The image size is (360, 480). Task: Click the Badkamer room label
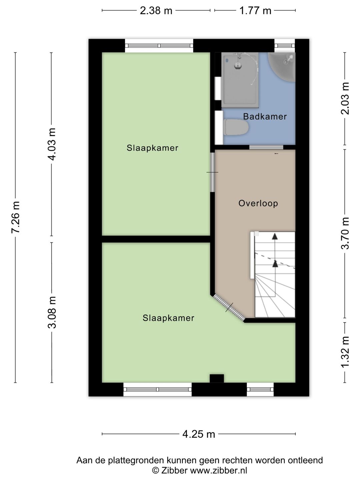click(x=265, y=117)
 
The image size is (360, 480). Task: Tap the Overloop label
click(x=258, y=203)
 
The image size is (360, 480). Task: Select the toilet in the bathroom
click(x=236, y=127)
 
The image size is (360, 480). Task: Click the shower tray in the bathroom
click(x=240, y=79)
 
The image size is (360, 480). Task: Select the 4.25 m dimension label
click(x=199, y=434)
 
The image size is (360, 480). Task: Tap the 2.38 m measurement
click(x=156, y=11)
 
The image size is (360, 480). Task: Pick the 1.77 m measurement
click(x=255, y=11)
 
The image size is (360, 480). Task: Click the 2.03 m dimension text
click(x=345, y=98)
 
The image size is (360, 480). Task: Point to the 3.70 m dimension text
click(x=345, y=233)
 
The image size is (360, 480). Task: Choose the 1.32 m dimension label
click(x=345, y=352)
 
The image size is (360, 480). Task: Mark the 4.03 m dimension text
click(x=52, y=144)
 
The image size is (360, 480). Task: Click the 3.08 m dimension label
click(x=52, y=312)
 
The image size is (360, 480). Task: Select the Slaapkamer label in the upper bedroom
click(x=152, y=148)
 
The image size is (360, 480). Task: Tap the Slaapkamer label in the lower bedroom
click(x=168, y=318)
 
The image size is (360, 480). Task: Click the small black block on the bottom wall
click(x=217, y=378)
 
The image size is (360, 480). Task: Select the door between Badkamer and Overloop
click(x=266, y=147)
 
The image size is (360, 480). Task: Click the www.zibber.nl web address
click(x=218, y=470)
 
